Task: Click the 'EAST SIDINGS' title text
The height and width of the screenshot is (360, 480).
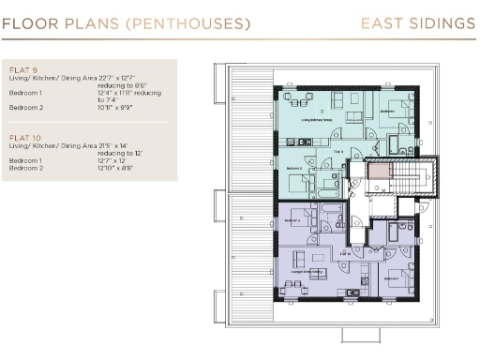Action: pyautogui.click(x=417, y=22)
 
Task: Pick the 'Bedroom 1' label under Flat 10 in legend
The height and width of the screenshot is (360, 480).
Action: pyautogui.click(x=25, y=160)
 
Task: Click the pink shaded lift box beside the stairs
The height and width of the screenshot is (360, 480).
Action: pyautogui.click(x=379, y=172)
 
